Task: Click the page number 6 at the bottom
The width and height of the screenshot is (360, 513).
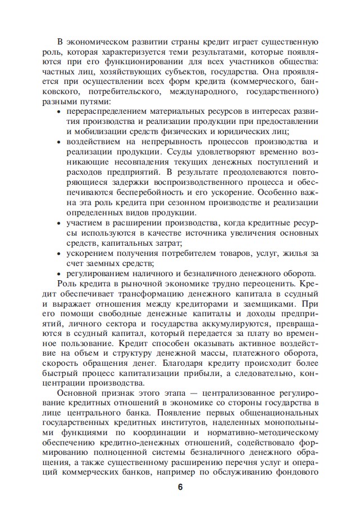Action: [180, 488]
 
